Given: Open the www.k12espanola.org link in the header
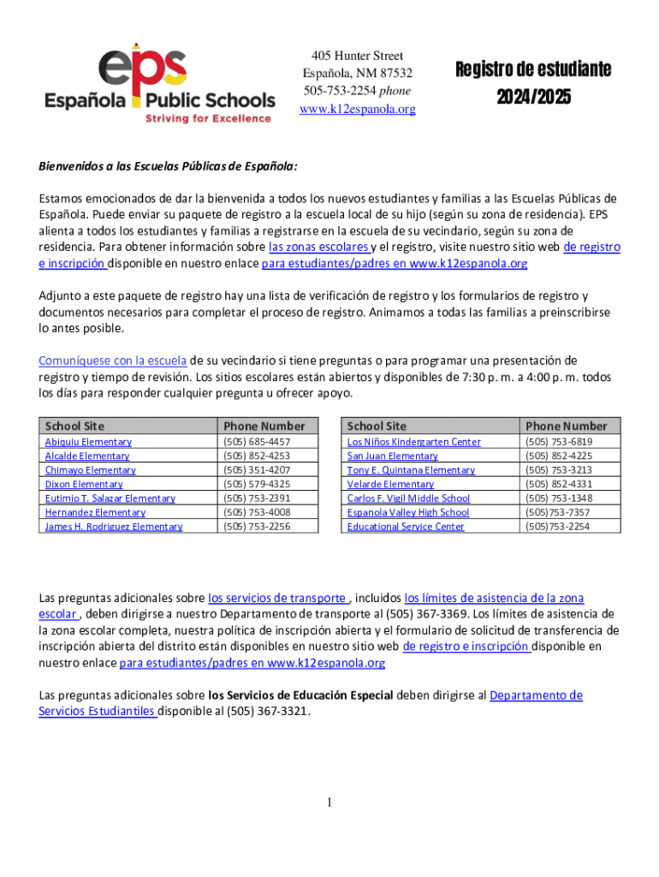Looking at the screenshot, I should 357,109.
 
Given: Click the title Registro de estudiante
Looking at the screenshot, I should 532,70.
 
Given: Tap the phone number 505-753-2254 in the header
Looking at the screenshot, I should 340,90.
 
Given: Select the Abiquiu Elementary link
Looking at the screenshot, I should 88,442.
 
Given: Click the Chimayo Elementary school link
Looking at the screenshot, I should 90,470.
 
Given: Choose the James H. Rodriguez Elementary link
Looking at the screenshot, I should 113,527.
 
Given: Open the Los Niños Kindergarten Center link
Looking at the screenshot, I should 413,442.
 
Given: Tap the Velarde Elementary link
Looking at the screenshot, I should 390,484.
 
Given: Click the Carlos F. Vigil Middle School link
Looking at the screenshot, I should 408,498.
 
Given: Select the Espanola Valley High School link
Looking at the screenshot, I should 407,512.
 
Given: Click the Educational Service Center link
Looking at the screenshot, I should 405,527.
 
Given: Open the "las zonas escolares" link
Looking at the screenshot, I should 318,248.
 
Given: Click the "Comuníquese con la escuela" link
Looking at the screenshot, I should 112,360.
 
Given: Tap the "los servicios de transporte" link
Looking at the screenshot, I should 278,598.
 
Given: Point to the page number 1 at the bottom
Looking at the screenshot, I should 329,802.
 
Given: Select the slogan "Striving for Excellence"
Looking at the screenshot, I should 207,118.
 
